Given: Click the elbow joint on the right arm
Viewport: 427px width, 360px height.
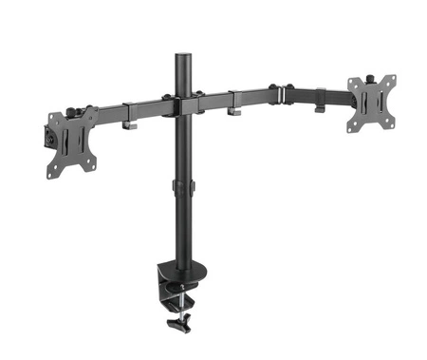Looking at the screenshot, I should pos(279,93).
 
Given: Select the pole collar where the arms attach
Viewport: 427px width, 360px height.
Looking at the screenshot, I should pos(180,104).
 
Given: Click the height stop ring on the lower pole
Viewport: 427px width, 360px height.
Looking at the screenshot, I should pos(180,186).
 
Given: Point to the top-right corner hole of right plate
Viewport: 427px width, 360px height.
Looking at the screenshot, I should pos(389,79).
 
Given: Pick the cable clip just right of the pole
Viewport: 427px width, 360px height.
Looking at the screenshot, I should pos(233,110).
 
